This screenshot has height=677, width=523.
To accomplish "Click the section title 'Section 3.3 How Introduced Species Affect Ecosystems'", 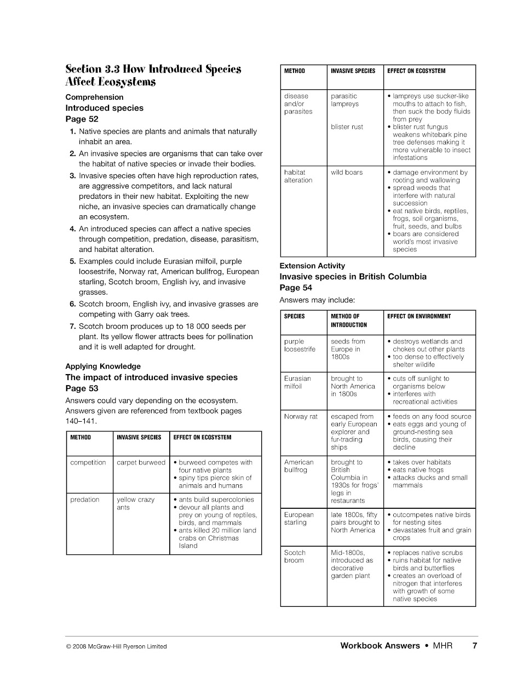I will (153, 76).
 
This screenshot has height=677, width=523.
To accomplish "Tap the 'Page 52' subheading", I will (82, 119).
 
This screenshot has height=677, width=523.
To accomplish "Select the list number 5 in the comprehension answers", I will (72, 261).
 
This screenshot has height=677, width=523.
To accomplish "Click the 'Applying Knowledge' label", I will (103, 366).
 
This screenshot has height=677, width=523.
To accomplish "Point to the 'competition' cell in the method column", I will (88, 463).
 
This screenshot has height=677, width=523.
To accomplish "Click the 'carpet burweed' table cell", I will (141, 463).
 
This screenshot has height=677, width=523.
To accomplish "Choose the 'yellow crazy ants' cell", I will (135, 503).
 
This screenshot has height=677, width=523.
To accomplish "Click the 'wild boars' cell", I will (346, 173).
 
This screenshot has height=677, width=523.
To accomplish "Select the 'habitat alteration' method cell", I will (298, 176).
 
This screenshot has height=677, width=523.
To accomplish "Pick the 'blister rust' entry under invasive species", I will (347, 127).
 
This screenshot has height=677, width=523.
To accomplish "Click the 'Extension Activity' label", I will (312, 266).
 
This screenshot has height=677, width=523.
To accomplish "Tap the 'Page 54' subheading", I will (296, 288).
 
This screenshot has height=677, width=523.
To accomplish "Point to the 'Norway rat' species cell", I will (301, 417).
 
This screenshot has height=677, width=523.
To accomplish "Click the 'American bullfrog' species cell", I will (298, 466).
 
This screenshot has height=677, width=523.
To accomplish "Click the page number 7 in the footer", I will (475, 646).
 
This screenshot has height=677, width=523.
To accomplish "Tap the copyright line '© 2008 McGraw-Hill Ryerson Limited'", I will (116, 646).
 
